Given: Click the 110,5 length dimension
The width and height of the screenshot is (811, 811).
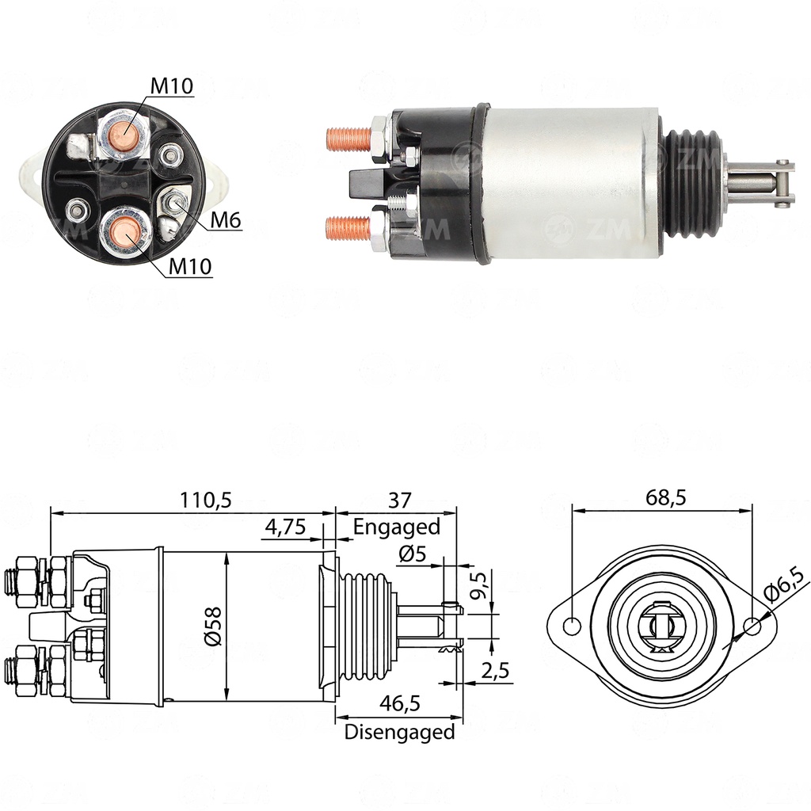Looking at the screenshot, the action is tap(205, 501).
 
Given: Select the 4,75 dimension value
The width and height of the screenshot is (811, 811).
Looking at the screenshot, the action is tap(285, 527).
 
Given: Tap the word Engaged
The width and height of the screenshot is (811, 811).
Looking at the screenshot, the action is tap(397, 527).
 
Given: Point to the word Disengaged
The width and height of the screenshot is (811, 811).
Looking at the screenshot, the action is tap(399, 733).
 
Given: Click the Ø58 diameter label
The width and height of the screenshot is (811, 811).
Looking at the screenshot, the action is tap(213, 626).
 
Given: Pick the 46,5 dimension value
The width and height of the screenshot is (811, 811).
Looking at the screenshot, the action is tap(400, 703).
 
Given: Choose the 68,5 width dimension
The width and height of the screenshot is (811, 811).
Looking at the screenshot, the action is tap(665, 497).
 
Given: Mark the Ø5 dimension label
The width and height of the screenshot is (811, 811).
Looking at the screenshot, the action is tap(412, 554).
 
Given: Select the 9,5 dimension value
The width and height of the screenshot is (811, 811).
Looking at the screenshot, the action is tap(478, 585).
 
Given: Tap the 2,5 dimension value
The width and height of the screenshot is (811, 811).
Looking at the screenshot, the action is tap(495, 671).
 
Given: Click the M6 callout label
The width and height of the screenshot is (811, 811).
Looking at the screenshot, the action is tap(226, 220).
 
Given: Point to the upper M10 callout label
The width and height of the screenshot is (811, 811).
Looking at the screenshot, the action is tap(172, 86).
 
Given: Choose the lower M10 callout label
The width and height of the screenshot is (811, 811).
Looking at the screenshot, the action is tap(190, 266).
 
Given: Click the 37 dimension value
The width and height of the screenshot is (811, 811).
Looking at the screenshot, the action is tap(400, 501).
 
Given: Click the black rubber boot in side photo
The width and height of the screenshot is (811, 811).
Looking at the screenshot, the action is tap(692, 184).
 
